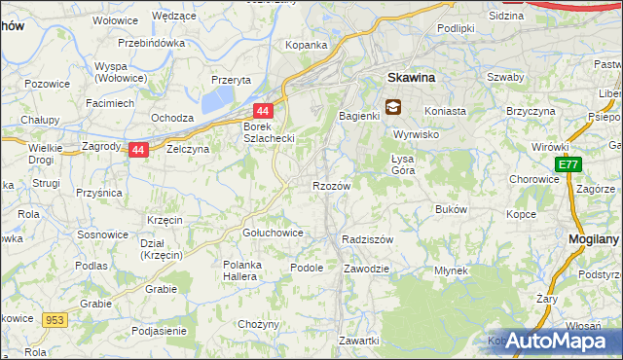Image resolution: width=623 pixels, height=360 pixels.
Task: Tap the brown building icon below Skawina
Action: coord(392,107)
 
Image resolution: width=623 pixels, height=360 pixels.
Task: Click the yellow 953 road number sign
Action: coord(55,318)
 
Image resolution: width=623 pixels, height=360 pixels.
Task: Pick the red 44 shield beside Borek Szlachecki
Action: coord(262,112)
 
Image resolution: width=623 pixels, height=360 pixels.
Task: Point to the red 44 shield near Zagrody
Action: coord(138,150)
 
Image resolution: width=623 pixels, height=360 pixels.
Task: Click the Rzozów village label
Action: coord(331,185)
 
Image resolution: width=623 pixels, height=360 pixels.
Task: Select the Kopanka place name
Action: coord(305,45)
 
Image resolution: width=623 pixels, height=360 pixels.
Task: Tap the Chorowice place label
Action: coord(533,179)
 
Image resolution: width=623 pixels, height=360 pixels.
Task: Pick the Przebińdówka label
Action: coord(151,44)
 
